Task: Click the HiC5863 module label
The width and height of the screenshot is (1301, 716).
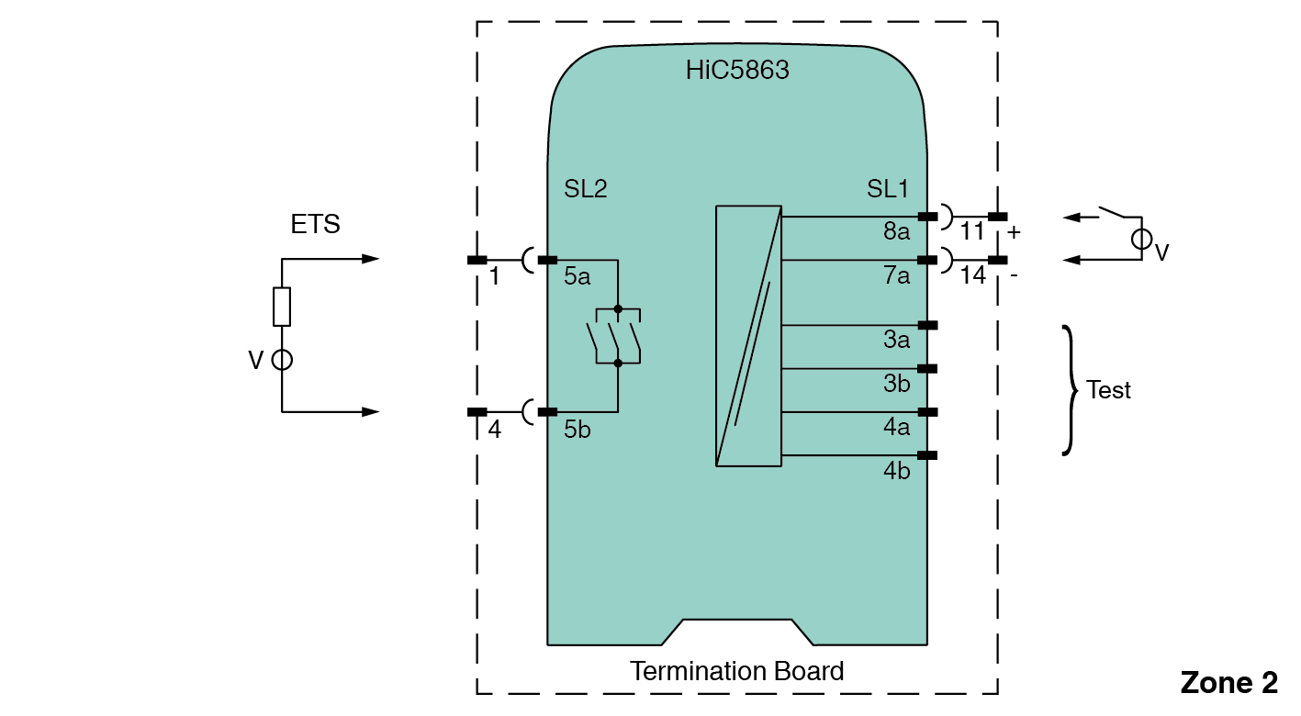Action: pyautogui.click(x=737, y=71)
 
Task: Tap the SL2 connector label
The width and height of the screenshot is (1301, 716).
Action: pyautogui.click(x=586, y=189)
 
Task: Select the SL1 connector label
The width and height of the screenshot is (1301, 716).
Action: pyautogui.click(x=888, y=189)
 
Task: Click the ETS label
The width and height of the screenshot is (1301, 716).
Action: pyautogui.click(x=315, y=224)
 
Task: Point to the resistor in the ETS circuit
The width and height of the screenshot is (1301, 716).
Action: pyautogui.click(x=282, y=307)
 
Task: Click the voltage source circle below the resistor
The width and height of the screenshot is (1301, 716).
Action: pyautogui.click(x=282, y=360)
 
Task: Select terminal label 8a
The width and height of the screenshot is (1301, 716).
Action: pyautogui.click(x=896, y=231)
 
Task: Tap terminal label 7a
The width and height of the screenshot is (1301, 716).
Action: pyautogui.click(x=896, y=274)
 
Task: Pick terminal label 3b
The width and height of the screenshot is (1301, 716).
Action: pyautogui.click(x=896, y=384)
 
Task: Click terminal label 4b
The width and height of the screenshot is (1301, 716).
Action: pyautogui.click(x=896, y=470)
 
